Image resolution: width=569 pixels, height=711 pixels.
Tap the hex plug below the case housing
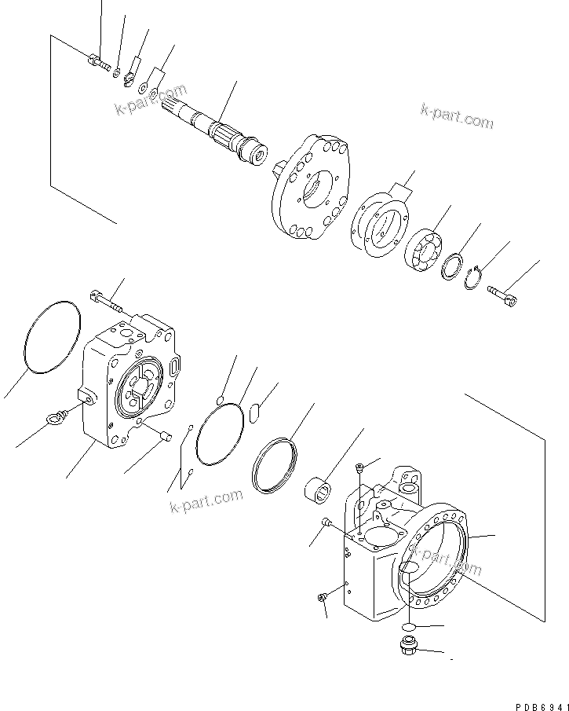[x=408, y=647]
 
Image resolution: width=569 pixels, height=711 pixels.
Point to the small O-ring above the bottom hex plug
[x=407, y=625]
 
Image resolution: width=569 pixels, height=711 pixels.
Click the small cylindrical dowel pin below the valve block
[x=164, y=434]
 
